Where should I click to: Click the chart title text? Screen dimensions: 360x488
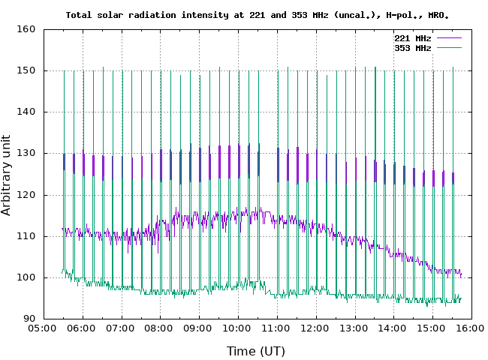tap(258, 15)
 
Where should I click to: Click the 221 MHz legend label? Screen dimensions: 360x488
tap(412, 37)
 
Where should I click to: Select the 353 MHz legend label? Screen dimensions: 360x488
tap(412, 47)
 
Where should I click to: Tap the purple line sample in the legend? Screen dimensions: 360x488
tap(448, 37)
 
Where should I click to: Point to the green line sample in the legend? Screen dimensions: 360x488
tap(448, 47)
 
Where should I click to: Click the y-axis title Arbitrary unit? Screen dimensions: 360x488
tap(8, 175)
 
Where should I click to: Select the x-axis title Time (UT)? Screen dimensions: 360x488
tap(256, 351)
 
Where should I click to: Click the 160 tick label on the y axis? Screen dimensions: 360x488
tap(27, 29)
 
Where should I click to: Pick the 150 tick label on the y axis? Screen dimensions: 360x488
tap(27, 70)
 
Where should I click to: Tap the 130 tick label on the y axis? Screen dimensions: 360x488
tap(27, 153)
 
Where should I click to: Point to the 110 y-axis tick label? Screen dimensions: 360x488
tap(27, 236)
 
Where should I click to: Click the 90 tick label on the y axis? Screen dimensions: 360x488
tap(30, 319)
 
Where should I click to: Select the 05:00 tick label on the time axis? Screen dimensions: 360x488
tap(43, 328)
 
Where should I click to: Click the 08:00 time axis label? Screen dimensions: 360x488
tap(160, 328)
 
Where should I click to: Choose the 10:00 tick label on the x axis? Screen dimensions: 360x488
tap(238, 328)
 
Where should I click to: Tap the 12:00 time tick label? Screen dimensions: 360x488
tap(316, 328)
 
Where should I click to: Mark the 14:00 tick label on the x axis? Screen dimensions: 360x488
tap(393, 328)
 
